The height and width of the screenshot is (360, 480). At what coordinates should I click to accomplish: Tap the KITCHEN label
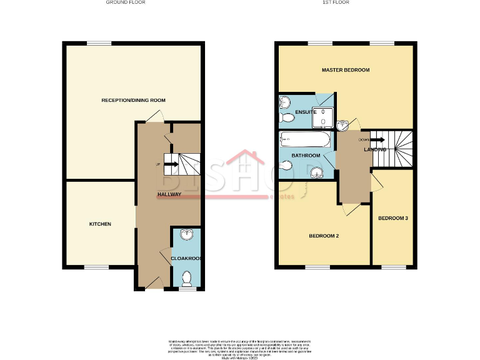pyautogui.click(x=100, y=224)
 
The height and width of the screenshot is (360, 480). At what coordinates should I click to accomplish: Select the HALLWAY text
pyautogui.click(x=169, y=194)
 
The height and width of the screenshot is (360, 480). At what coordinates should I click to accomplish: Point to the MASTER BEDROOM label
pyautogui.click(x=346, y=70)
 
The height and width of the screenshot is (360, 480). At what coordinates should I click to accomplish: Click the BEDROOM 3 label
pyautogui.click(x=393, y=218)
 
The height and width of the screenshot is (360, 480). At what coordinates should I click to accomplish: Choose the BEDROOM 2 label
pyautogui.click(x=324, y=236)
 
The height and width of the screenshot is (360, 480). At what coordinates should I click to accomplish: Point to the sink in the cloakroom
pyautogui.click(x=186, y=235)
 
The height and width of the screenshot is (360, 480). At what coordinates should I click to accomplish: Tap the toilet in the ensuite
pyautogui.click(x=287, y=118)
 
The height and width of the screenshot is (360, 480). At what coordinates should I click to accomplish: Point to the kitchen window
pyautogui.click(x=96, y=267)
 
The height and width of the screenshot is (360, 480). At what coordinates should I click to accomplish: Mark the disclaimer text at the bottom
pyautogui.click(x=240, y=347)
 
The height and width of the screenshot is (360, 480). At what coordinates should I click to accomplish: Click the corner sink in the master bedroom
pyautogui.click(x=342, y=127)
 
